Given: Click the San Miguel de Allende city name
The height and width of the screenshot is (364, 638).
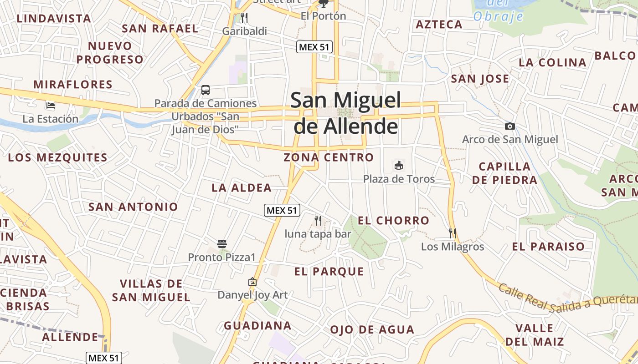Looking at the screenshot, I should (x=345, y=113).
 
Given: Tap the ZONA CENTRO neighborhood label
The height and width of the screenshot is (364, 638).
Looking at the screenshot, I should (x=329, y=157).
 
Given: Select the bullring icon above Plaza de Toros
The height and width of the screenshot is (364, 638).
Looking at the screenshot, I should (x=399, y=165).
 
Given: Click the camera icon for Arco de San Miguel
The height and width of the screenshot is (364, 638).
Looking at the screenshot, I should (x=509, y=126).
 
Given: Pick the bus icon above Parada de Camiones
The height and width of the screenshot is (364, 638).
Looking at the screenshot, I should (x=206, y=90).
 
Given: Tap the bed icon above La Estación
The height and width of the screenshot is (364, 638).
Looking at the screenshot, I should (x=51, y=106).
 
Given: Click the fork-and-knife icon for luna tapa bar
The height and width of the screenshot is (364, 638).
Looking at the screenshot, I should (x=318, y=221).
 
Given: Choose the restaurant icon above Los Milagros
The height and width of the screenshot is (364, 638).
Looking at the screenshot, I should (x=452, y=233).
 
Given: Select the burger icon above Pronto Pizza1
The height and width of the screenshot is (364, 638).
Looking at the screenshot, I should (x=222, y=244).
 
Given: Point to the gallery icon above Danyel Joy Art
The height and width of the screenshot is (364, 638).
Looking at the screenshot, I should (x=252, y=282).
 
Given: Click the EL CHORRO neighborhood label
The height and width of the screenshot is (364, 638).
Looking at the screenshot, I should (x=393, y=221).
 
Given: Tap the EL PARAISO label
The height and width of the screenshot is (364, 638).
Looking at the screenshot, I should (x=548, y=247).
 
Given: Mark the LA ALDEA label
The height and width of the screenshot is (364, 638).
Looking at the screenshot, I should (x=242, y=187).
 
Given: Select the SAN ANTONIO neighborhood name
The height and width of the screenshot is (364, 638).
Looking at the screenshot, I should (x=133, y=207).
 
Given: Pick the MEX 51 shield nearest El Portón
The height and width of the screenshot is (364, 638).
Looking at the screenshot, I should (x=314, y=46).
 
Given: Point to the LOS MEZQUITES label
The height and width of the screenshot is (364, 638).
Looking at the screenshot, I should (x=57, y=158).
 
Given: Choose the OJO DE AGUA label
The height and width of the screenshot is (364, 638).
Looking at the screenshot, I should (x=372, y=329).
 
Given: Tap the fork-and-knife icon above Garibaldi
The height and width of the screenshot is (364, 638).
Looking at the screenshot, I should (x=244, y=18).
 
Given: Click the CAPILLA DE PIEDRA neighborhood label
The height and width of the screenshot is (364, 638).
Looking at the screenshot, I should (x=504, y=173).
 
